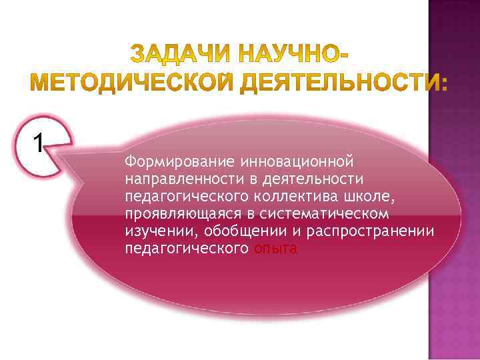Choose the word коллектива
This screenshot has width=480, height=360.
coord(287,197)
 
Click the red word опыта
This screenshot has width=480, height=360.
coord(276,249)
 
